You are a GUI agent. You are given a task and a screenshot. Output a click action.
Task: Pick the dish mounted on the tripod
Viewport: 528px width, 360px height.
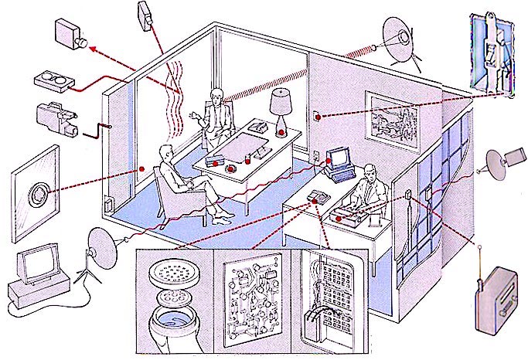click(x=100, y=243)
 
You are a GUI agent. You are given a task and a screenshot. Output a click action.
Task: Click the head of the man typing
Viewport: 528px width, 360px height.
click(x=369, y=171)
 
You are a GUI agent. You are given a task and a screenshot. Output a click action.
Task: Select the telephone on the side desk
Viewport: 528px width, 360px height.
click(x=318, y=197)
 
